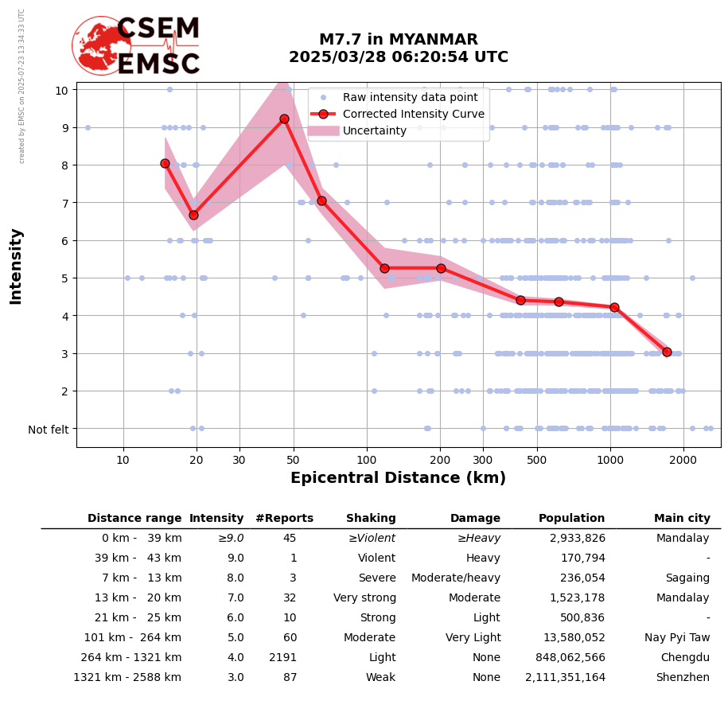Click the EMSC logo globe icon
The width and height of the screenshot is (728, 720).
[101, 45]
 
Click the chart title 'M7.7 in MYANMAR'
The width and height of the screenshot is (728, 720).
[398, 40]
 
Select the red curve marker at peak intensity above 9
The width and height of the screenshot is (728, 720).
[284, 119]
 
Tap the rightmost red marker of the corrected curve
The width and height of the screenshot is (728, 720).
[667, 352]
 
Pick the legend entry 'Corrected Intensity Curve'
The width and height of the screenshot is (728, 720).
[413, 114]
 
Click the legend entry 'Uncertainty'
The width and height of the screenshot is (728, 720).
[374, 130]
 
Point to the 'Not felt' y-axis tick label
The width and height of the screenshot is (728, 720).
[49, 430]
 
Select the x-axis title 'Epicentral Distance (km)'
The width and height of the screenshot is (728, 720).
[398, 478]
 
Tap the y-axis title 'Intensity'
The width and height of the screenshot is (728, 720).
[16, 266]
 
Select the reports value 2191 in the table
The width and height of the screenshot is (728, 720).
[282, 658]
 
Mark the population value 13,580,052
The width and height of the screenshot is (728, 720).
[566, 638]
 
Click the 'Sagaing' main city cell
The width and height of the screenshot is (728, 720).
[687, 578]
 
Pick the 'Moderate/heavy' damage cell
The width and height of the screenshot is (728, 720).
[456, 578]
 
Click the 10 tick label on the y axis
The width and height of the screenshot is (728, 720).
[61, 90]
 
